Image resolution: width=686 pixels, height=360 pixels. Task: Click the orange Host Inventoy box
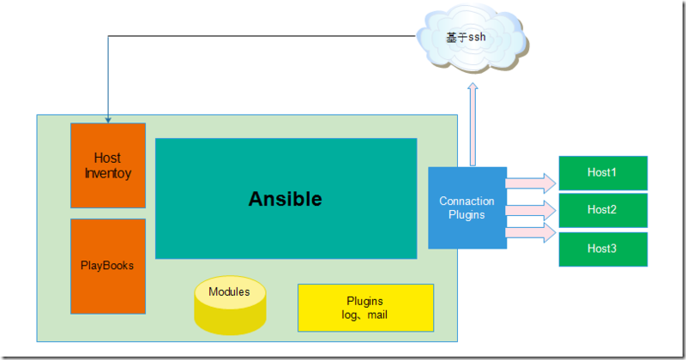108,165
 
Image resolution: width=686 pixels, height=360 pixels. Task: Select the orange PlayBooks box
108,266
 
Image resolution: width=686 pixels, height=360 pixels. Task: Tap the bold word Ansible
286,199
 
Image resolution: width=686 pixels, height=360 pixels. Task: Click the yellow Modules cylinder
229,304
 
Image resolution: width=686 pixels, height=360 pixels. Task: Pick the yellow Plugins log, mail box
365,307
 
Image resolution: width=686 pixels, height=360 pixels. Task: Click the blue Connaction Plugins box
466,207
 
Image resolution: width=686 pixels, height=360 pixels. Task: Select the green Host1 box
602,173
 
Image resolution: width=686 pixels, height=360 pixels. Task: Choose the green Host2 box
602,210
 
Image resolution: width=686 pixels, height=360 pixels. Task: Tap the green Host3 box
602,249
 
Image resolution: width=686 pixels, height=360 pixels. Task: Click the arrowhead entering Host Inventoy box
108,118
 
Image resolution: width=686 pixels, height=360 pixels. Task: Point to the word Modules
229,292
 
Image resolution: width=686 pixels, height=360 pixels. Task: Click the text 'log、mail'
365,315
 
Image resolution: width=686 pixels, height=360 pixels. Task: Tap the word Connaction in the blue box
466,201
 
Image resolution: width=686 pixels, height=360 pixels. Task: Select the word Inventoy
108,173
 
